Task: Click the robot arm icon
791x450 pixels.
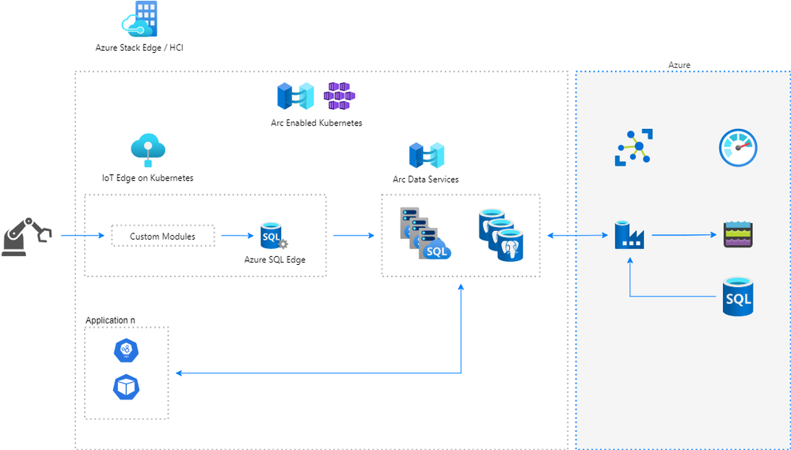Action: (26, 236)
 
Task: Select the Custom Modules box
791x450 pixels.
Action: (162, 236)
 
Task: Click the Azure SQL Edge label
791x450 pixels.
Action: (275, 259)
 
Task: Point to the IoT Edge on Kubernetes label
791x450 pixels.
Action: (147, 178)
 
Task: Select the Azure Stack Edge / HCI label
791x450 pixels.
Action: (139, 48)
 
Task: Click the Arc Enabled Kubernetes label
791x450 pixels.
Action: (316, 123)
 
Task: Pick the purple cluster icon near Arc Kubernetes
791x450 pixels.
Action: (340, 96)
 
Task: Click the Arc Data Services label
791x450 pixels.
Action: (425, 180)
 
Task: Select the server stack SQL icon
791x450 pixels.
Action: (424, 233)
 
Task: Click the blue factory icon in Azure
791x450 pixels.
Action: (630, 236)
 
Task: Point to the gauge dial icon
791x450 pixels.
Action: (738, 148)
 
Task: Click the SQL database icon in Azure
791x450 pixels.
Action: (737, 297)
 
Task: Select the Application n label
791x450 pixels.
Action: (110, 320)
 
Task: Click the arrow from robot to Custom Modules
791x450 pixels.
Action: (82, 235)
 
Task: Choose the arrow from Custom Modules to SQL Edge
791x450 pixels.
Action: (238, 235)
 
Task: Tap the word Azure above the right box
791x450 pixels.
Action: (679, 65)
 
